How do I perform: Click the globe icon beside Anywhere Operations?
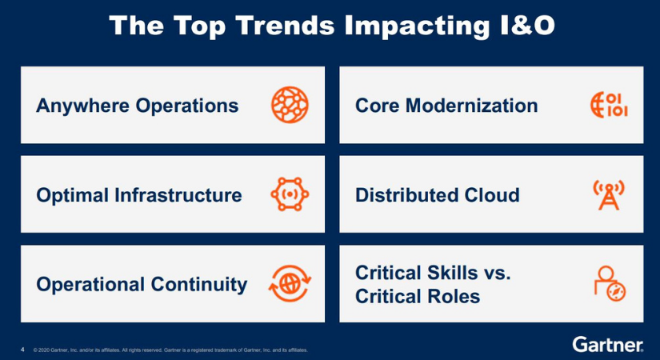(290, 105)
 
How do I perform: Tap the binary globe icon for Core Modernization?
(609, 105)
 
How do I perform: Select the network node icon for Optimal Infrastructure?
(290, 194)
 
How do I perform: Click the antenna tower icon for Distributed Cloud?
(609, 194)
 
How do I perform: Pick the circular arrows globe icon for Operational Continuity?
(290, 284)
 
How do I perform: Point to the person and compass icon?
(609, 284)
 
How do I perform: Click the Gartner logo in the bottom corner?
(608, 345)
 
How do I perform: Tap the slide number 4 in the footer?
(22, 350)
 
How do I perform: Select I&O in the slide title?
(519, 26)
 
